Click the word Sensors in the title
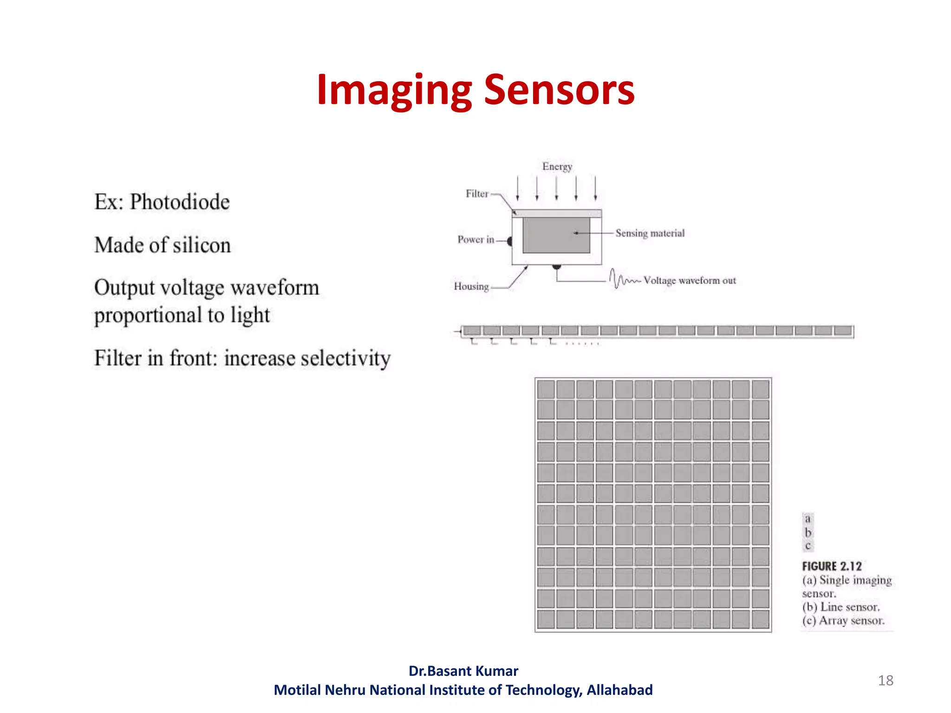click(x=559, y=90)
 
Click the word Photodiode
click(x=180, y=202)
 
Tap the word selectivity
click(x=307, y=358)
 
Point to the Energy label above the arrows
click(x=557, y=167)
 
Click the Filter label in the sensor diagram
click(x=477, y=194)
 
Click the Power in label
click(x=475, y=240)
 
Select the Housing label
click(x=471, y=286)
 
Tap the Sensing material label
click(x=650, y=233)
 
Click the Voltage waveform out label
click(x=690, y=280)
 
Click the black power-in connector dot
click(x=509, y=241)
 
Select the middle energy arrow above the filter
click(x=556, y=188)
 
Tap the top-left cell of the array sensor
click(x=546, y=389)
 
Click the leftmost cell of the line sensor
click(x=472, y=331)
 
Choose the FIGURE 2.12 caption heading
click(x=832, y=566)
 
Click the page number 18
click(x=886, y=681)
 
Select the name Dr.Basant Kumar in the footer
click(x=463, y=671)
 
